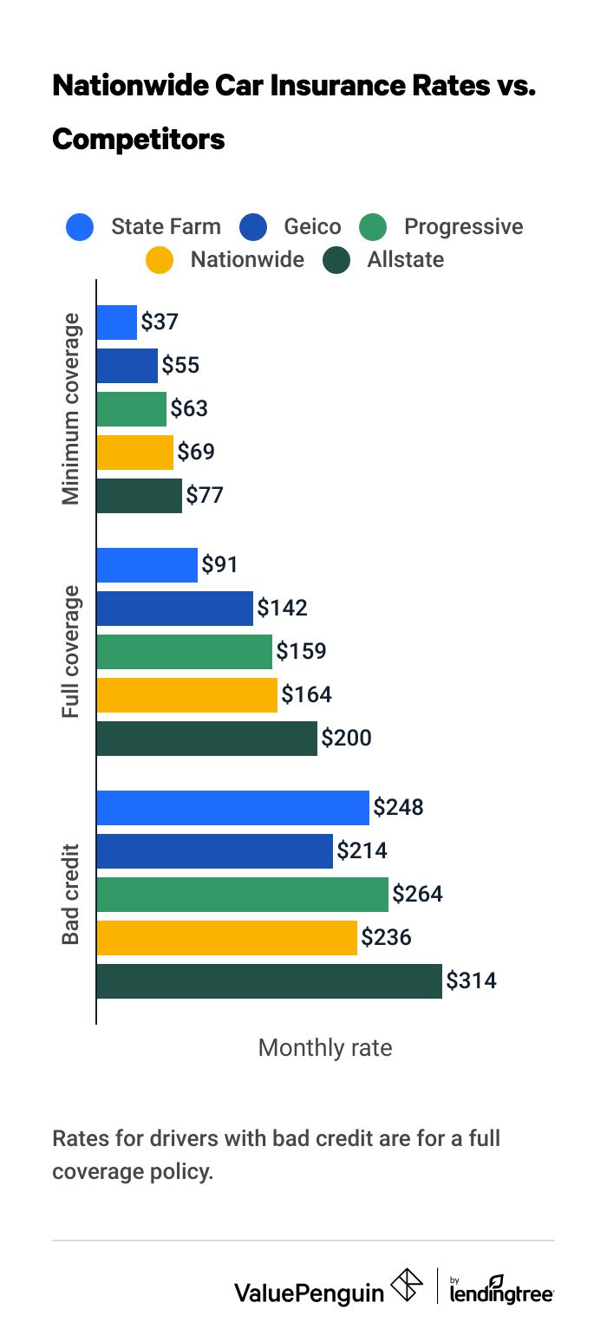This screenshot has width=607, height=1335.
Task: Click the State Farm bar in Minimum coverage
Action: pos(116,322)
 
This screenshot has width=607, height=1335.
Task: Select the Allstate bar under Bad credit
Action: pos(269,981)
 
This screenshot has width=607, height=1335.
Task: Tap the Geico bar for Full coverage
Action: pos(174,609)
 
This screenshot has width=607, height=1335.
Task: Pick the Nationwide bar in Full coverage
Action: pos(186,695)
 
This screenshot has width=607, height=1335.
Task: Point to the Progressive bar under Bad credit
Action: pos(242,895)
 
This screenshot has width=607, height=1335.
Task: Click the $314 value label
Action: pos(471,981)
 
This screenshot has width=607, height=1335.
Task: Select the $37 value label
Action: pos(160,322)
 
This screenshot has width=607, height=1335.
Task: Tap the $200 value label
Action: pos(346,739)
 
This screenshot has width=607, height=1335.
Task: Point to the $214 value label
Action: pos(362,851)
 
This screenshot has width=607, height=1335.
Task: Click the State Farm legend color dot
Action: pos(79,228)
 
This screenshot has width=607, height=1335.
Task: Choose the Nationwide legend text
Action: pos(247,260)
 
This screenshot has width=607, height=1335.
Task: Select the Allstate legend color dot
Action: pos(336,260)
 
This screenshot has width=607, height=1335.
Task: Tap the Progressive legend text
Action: pos(463,227)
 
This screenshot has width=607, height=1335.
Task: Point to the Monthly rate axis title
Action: pos(325,1048)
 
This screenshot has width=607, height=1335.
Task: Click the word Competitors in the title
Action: pos(139,139)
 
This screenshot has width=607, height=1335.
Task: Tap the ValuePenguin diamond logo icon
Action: pos(408,1286)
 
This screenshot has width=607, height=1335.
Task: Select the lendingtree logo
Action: pos(501,1289)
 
